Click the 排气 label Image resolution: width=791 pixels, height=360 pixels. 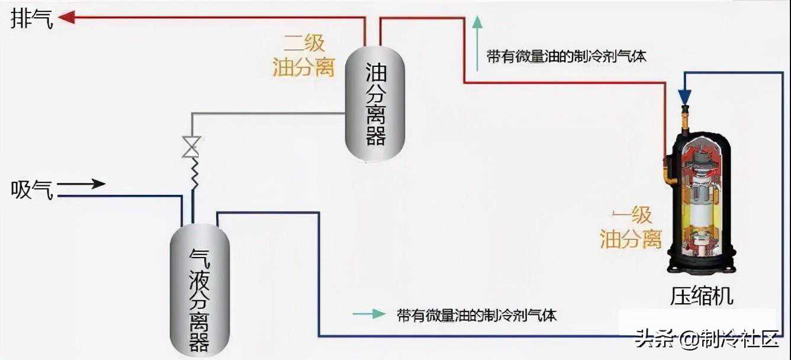tap(32, 18)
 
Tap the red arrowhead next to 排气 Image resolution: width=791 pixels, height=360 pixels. tap(67, 17)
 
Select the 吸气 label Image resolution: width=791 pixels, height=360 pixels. tap(32, 191)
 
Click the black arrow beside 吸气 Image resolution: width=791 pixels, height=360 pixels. tap(81, 184)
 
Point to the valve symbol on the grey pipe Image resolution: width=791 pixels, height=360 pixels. tap(191, 147)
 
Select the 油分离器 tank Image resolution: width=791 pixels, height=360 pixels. tap(375, 104)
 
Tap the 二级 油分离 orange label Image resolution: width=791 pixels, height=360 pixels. tap(304, 56)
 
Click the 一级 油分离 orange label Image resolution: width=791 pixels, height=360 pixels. tap(631, 229)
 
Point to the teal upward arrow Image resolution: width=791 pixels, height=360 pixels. tap(477, 43)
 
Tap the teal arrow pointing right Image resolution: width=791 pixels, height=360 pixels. tap(369, 314)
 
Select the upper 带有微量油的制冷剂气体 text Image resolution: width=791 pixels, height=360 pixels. tap(567, 56)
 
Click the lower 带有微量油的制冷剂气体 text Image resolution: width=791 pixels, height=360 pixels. tap(477, 315)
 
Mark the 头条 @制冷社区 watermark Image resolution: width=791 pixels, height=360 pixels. tap(706, 339)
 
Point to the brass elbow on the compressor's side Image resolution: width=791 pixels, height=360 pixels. tap(669, 173)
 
